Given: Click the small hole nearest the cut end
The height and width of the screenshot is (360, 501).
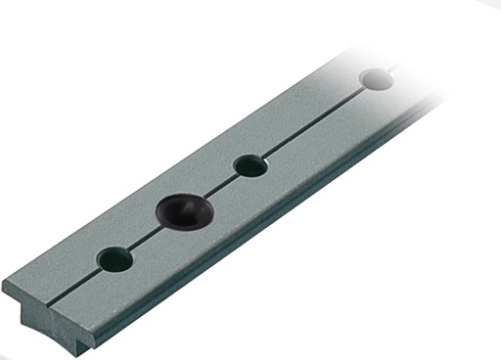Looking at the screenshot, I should (115, 259).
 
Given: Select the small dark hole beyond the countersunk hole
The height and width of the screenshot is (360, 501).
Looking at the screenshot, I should (250, 166).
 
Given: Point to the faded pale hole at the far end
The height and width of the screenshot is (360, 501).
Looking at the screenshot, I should (376, 78).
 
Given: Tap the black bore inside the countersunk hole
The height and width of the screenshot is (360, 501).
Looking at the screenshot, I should (180, 208).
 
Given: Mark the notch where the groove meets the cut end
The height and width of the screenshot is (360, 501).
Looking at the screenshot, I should (55, 305).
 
